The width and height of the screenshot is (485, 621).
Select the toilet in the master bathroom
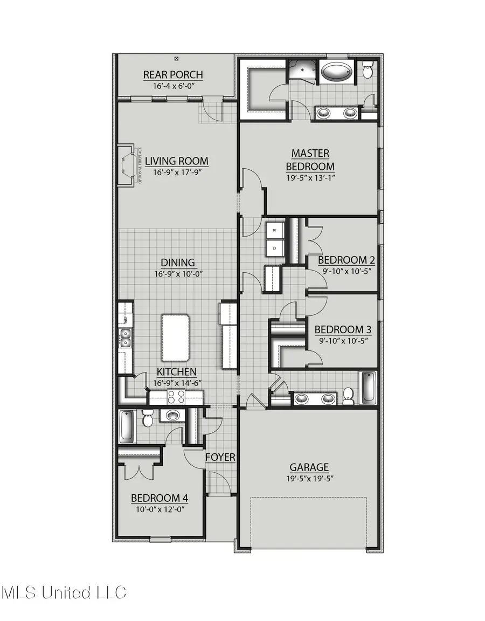(368, 70)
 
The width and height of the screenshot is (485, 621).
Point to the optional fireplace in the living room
(127, 165)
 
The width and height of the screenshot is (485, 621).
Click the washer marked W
(275, 231)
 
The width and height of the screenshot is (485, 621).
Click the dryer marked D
(275, 249)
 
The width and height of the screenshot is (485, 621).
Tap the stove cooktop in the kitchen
(176, 397)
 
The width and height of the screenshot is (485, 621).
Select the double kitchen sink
(125, 337)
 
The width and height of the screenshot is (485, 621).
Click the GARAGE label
(309, 467)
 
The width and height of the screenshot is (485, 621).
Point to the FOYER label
(220, 457)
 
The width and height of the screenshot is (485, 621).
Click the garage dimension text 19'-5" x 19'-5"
(309, 478)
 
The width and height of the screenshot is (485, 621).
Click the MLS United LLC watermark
(64, 592)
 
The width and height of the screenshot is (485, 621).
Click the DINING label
(178, 263)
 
